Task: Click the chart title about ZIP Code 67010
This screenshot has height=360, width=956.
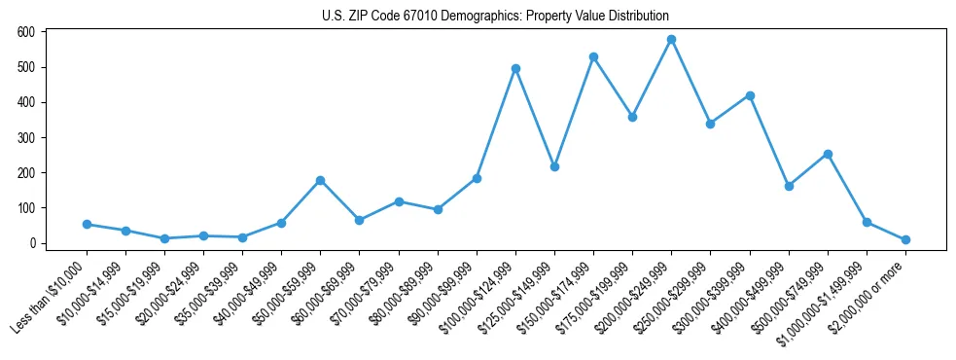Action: (x=495, y=17)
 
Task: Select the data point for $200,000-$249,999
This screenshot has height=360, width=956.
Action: (x=671, y=40)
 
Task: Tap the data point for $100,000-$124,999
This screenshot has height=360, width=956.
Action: (x=515, y=69)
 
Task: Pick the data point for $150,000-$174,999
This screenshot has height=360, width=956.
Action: (x=593, y=57)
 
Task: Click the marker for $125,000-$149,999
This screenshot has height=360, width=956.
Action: (x=554, y=166)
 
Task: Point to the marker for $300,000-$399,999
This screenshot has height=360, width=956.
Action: (x=749, y=95)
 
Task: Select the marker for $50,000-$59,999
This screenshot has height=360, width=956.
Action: (x=320, y=180)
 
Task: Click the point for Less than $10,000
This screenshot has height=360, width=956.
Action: (x=87, y=224)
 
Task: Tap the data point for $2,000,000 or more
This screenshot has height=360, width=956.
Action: (x=905, y=239)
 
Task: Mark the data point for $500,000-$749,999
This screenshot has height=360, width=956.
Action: (x=827, y=154)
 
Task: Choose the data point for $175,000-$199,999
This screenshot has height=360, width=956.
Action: (x=632, y=117)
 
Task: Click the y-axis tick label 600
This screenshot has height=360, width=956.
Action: (x=26, y=32)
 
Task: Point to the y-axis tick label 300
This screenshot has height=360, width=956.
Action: (x=26, y=137)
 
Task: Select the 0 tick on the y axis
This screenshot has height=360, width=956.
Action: (x=32, y=243)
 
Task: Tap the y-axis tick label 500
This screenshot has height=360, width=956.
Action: (x=26, y=67)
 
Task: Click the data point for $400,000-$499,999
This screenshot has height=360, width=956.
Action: (x=788, y=186)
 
